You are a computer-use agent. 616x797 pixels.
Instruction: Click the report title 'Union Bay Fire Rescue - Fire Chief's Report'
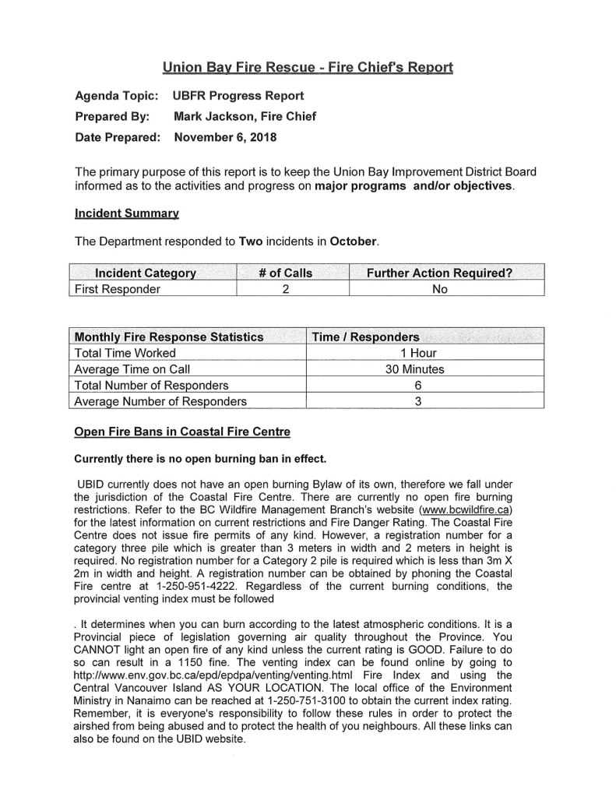point(308,67)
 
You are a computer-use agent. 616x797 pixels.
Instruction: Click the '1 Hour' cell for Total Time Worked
point(414,353)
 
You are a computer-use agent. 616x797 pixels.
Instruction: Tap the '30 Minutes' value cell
point(414,369)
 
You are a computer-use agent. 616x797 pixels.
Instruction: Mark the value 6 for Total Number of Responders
point(414,386)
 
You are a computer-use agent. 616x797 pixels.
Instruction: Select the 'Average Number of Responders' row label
point(160,402)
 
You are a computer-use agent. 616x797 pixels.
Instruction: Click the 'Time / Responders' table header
point(365,337)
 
